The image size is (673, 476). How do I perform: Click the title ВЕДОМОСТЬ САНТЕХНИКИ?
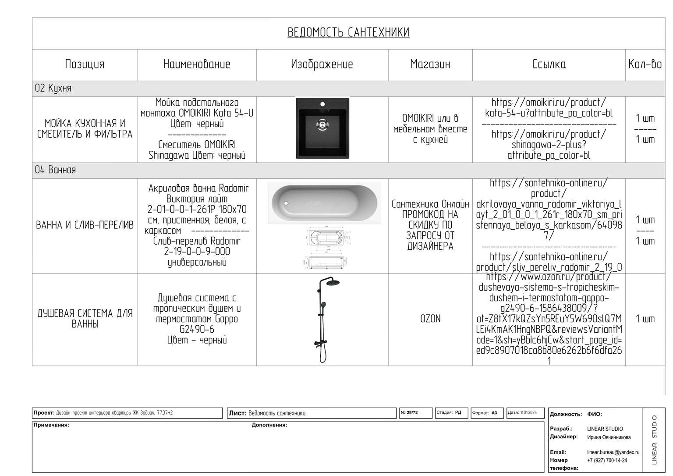pos(348,32)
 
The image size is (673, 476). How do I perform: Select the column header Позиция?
pos(85,64)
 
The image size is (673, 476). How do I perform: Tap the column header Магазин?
pos(430,64)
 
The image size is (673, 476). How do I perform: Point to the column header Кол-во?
pos(645,64)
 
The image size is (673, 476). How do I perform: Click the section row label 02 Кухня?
pos(53,89)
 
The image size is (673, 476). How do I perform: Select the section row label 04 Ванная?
pos(56,170)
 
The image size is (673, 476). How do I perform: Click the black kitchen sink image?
pos(322,128)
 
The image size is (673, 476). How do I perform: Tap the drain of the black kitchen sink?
pos(322,124)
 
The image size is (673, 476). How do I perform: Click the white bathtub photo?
pos(324,203)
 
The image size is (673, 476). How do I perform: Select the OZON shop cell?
pos(430,319)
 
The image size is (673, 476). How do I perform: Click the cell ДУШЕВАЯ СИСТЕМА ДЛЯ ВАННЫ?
pos(85,319)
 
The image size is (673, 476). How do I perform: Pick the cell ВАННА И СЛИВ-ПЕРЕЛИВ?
pos(85,225)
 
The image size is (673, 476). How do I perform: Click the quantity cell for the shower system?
pos(645,319)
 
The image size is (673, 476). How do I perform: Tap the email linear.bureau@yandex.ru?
pos(613,452)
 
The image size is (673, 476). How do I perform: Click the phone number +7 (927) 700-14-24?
pos(607,460)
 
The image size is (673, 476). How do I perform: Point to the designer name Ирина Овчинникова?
pos(609,437)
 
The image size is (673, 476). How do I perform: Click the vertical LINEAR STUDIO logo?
pos(654,440)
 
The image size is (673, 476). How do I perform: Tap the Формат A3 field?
pos(485,413)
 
